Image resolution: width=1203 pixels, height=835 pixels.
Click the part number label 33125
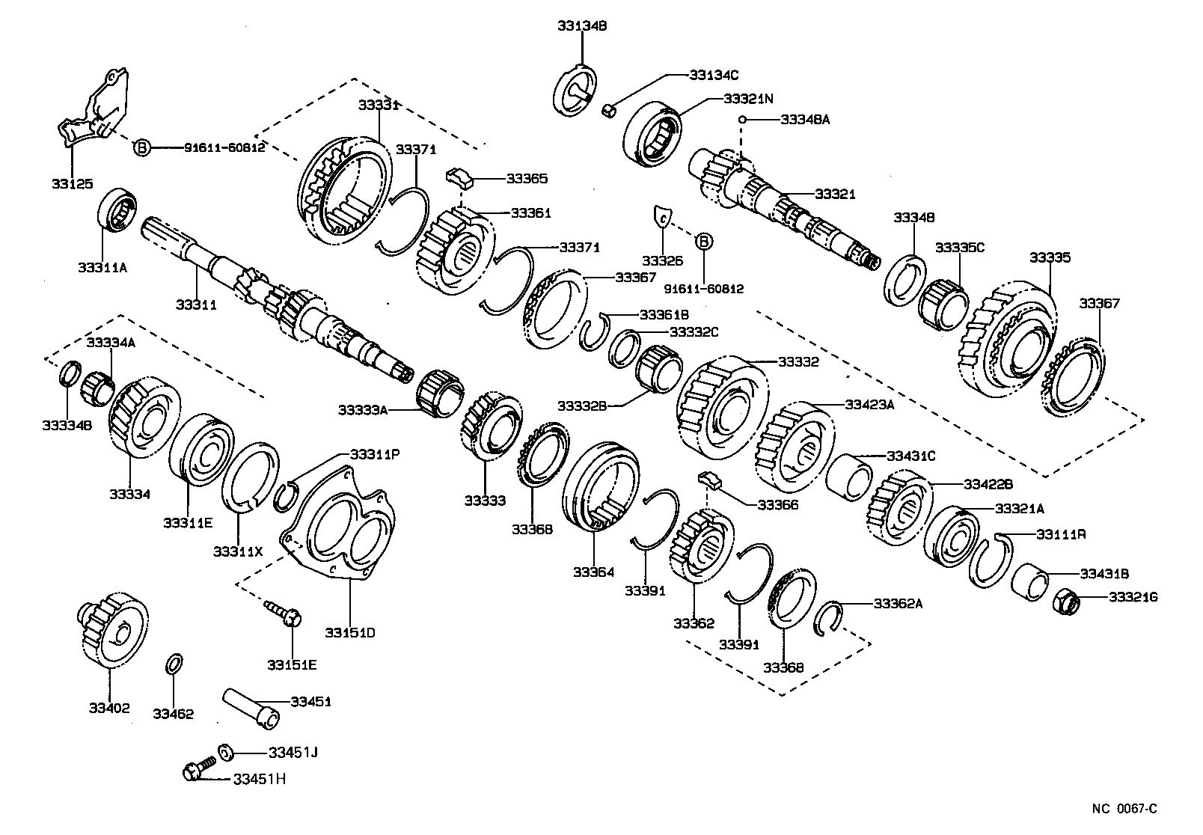(x=73, y=183)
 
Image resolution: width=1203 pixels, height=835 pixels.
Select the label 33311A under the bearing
(x=102, y=267)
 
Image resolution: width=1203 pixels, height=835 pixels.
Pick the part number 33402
(x=109, y=708)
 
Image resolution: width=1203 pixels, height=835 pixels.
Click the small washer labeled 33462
(x=173, y=664)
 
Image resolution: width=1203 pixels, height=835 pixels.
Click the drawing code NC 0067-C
(x=1124, y=809)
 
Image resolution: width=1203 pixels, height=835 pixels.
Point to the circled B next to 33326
(x=704, y=241)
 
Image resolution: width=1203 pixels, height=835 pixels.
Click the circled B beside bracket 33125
(x=142, y=148)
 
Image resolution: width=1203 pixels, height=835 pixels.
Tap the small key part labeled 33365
(x=459, y=177)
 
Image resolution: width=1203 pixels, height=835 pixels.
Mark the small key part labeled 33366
(x=709, y=480)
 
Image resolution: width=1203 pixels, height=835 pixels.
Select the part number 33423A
(x=870, y=405)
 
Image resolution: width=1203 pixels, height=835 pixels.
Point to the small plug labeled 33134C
(x=610, y=111)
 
